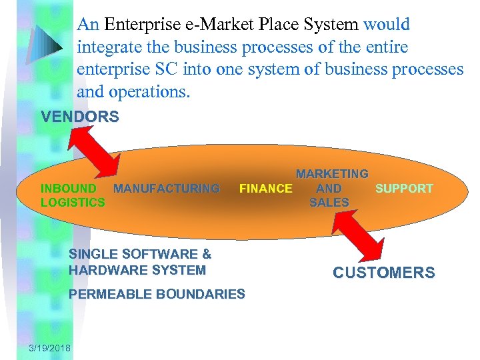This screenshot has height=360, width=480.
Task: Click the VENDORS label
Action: (x=80, y=117)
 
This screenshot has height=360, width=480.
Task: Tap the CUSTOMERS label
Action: (x=383, y=273)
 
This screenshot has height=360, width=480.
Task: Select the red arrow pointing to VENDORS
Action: (x=95, y=151)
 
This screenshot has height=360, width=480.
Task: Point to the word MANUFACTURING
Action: (x=166, y=189)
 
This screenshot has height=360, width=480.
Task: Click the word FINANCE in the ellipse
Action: (x=265, y=189)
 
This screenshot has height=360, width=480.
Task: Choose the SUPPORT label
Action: (x=404, y=189)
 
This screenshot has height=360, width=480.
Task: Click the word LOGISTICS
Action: (x=73, y=202)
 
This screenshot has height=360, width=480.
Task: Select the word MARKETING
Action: (x=332, y=174)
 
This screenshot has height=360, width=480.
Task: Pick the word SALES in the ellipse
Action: (x=329, y=203)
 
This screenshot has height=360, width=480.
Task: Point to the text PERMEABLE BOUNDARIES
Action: (x=157, y=294)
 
